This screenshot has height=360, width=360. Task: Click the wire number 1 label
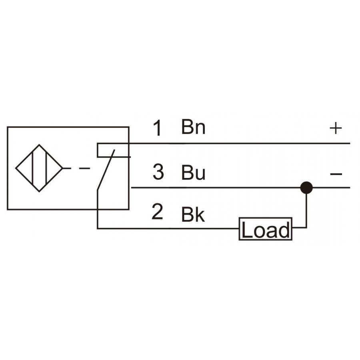(x=158, y=128)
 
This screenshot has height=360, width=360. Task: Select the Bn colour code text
(x=193, y=126)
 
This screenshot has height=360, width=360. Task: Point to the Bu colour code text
(x=193, y=172)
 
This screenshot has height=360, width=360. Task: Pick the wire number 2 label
(x=157, y=212)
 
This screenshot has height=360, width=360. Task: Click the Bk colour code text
(x=193, y=214)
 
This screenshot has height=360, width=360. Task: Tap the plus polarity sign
(x=336, y=128)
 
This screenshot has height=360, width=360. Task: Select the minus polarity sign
(x=336, y=174)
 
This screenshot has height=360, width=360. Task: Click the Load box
(x=266, y=229)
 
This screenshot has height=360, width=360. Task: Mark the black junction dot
(x=306, y=188)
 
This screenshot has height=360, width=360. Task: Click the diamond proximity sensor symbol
(x=39, y=168)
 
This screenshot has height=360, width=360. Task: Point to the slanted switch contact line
(x=106, y=170)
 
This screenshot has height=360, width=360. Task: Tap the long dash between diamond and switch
(x=84, y=168)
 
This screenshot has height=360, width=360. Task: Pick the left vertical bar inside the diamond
(x=33, y=168)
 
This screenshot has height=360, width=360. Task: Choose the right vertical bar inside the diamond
(x=46, y=168)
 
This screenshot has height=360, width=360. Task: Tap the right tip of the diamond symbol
(x=63, y=168)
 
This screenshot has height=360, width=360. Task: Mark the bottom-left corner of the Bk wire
(x=98, y=228)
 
